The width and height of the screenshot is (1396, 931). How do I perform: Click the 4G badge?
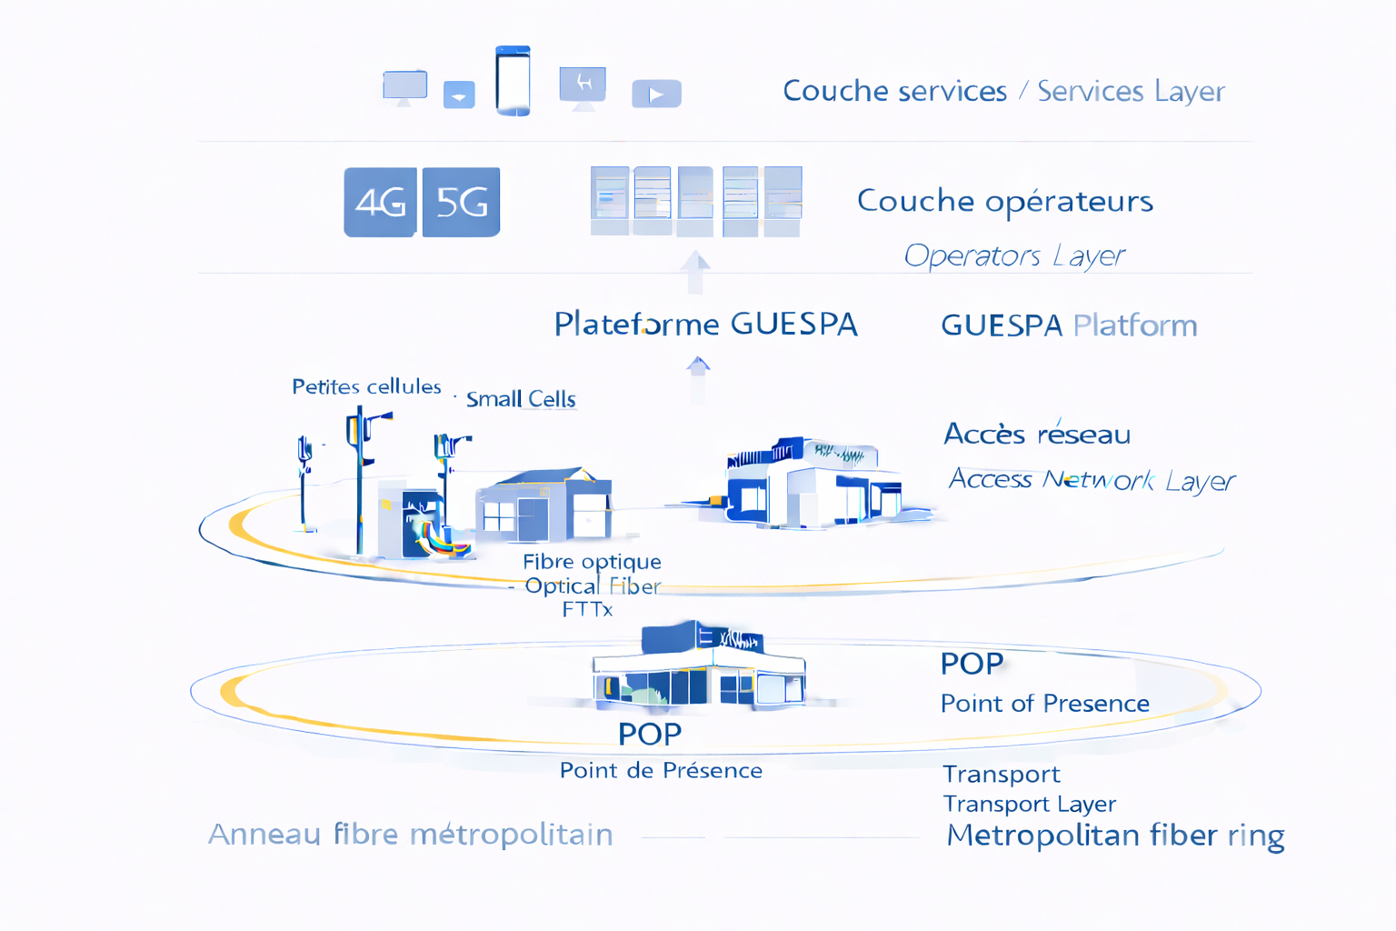point(380,202)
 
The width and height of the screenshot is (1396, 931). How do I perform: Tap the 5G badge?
point(462,202)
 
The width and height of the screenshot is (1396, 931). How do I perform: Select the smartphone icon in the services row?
point(513,81)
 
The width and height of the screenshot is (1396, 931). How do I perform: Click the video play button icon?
point(656,94)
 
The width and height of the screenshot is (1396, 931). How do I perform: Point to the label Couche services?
point(894,91)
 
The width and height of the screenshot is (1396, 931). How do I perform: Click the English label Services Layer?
point(1131,91)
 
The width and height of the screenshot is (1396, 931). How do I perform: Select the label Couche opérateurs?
point(1004,201)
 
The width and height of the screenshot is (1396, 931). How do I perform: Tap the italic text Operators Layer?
point(1013,255)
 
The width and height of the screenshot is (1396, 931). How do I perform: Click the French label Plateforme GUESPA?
point(705,324)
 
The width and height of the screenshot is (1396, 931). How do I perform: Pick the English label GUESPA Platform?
point(1069,325)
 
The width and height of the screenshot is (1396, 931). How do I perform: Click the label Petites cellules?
point(366,386)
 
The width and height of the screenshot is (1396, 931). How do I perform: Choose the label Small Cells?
point(521,399)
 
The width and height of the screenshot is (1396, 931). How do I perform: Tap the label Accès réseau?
point(1037,434)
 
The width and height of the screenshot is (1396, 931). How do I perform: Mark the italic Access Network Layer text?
point(1092,479)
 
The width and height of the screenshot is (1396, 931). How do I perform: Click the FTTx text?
point(587,609)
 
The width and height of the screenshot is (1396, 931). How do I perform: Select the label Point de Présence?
point(661,771)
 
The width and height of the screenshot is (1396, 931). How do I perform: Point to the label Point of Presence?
point(1044,704)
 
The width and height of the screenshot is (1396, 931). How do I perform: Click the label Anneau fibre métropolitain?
point(410,834)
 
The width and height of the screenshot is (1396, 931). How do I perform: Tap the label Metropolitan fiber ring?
point(1115,835)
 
